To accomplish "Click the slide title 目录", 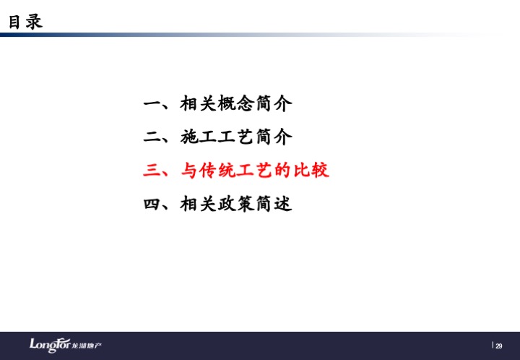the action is click(25, 22).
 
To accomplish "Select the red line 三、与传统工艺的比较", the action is click(236, 170).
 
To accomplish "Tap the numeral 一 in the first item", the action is click(152, 104).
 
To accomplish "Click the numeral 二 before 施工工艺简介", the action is click(152, 137).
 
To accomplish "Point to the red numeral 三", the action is click(152, 170).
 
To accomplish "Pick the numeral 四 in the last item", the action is click(152, 204).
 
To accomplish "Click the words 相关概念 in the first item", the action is click(217, 103).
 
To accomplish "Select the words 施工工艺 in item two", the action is click(217, 137).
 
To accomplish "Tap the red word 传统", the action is click(217, 170).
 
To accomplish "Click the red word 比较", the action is click(311, 170).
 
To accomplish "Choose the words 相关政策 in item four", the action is click(217, 204).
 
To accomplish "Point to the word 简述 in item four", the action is click(274, 204).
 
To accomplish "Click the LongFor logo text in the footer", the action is click(50, 346).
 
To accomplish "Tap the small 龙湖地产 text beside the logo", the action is click(87, 346).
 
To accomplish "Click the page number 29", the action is click(499, 346).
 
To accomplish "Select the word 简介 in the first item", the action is click(274, 103).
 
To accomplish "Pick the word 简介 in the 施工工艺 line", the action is click(274, 137).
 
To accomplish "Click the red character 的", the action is click(283, 170).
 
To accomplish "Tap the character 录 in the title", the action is click(34, 22).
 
